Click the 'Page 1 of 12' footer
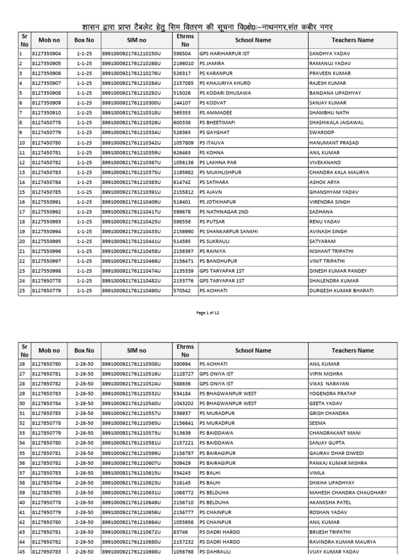[207, 313]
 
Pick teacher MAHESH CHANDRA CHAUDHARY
[348, 493]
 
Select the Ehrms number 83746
[179, 532]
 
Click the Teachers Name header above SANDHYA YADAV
[352, 40]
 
